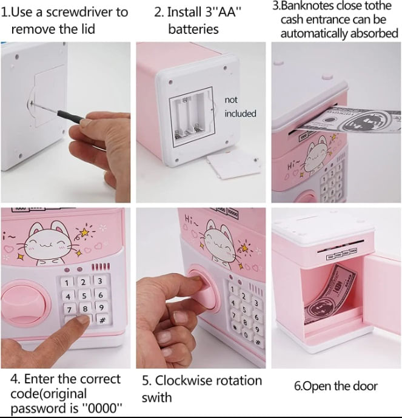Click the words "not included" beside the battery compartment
click(x=240, y=107)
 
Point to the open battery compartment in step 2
click(x=192, y=118)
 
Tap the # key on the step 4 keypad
click(x=102, y=320)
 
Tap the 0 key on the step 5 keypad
click(x=246, y=335)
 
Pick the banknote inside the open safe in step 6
click(x=331, y=296)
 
